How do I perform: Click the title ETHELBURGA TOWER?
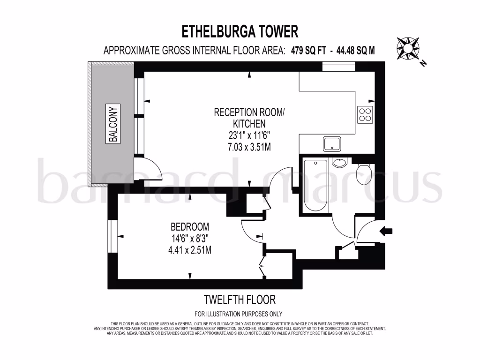pos(240,31)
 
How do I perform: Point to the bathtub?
pos(315,185)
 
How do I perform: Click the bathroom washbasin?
pos(339,163)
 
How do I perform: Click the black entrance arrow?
pos(387,231)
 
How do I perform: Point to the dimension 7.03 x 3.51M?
pos(249,147)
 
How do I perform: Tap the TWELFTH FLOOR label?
pos(239,299)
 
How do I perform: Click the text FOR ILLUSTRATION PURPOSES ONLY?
pos(239,314)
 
